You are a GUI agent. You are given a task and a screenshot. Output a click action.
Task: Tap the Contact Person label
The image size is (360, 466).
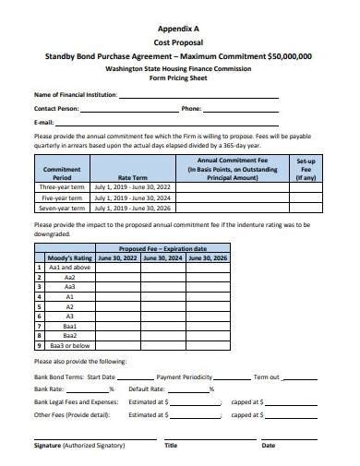56,109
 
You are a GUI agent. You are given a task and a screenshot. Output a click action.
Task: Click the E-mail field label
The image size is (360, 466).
43,121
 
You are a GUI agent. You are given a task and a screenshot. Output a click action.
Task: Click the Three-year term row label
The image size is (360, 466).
63,186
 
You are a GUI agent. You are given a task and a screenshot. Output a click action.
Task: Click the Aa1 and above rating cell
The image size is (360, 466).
70,268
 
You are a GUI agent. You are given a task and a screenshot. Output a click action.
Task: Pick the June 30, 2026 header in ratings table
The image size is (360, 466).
208,258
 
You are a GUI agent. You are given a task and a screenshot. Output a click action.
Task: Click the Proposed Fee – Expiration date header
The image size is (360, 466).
162,249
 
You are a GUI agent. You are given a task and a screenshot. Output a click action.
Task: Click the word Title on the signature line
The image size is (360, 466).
171,445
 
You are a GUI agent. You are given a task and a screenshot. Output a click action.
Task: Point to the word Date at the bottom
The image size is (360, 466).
268,445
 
